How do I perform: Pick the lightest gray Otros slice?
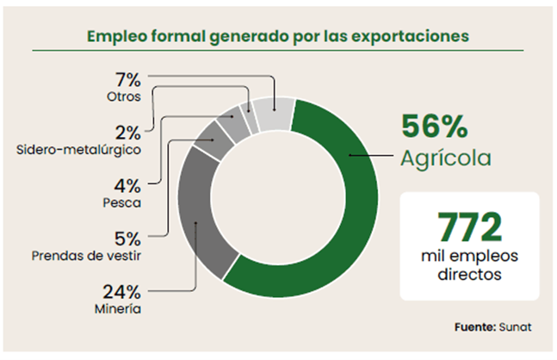275,114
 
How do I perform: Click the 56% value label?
435,127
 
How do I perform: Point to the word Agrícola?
445,158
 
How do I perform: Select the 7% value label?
127,79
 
